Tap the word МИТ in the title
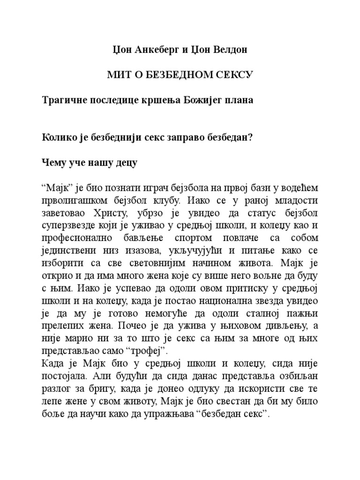(x=119, y=75)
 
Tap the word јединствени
(x=69, y=250)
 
